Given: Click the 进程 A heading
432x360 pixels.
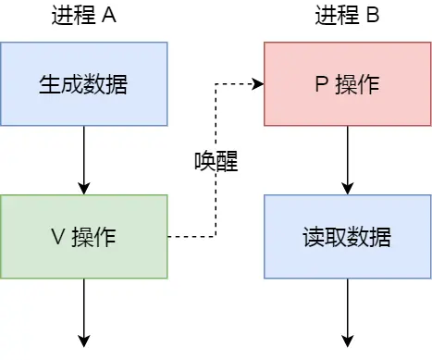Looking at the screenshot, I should pyautogui.click(x=83, y=16).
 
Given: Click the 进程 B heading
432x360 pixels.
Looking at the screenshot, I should pyautogui.click(x=347, y=16).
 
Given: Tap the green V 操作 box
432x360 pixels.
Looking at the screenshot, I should pyautogui.click(x=83, y=236).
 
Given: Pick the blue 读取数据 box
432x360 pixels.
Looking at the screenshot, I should pyautogui.click(x=347, y=236).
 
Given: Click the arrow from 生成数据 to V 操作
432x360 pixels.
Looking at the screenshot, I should pyautogui.click(x=83, y=159).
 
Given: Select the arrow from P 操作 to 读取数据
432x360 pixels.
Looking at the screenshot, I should pyautogui.click(x=347, y=159).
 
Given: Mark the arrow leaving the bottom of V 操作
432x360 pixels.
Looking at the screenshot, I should pyautogui.click(x=83, y=310).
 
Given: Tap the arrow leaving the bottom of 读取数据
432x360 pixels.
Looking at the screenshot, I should pyautogui.click(x=347, y=310).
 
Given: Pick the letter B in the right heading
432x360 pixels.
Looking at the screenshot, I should pyautogui.click(x=372, y=16).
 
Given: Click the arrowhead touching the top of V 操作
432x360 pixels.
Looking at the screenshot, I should pyautogui.click(x=83, y=189).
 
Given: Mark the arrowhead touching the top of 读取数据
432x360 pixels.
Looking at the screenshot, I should pyautogui.click(x=347, y=189).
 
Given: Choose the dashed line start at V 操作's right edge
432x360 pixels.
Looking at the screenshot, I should pyautogui.click(x=171, y=236).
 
